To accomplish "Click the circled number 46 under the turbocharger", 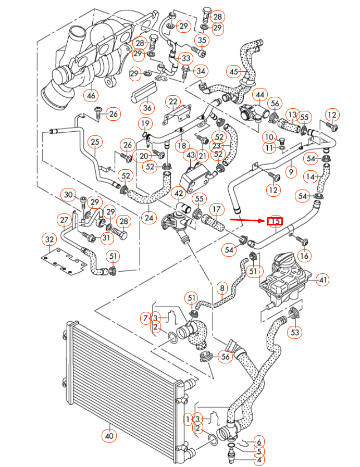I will coord(92,95).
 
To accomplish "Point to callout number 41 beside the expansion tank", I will coord(323,280).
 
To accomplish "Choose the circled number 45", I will coord(234,71).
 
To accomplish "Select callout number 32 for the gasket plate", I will coord(49,239).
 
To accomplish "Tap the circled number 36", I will coord(147,108).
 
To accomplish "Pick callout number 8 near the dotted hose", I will coord(222,287).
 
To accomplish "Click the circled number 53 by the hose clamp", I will coord(295,331).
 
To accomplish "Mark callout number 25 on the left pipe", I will coord(94,142).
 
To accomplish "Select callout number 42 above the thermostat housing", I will coord(179,193).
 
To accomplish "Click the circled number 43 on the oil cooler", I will coord(190,155).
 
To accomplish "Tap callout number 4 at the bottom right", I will coord(259,460).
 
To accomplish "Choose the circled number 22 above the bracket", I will coord(172,101).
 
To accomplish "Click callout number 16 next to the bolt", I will coord(304,255).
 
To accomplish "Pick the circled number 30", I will coord(68,195).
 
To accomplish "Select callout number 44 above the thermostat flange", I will coord(259,95).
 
